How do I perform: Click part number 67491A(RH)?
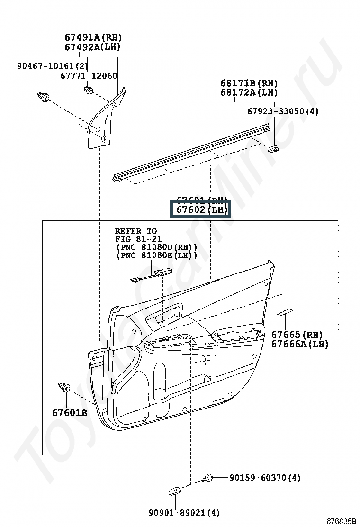pos(93,37)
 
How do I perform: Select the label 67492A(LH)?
pos(93,47)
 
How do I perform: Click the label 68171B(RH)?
pos(249,83)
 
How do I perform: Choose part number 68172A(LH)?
pos(249,93)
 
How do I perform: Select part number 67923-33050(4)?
pos(283,111)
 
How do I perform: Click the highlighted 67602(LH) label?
pos(200,209)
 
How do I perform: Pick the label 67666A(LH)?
pos(299,344)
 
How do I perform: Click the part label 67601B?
pos(70,413)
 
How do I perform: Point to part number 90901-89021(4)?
pos(177,513)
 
